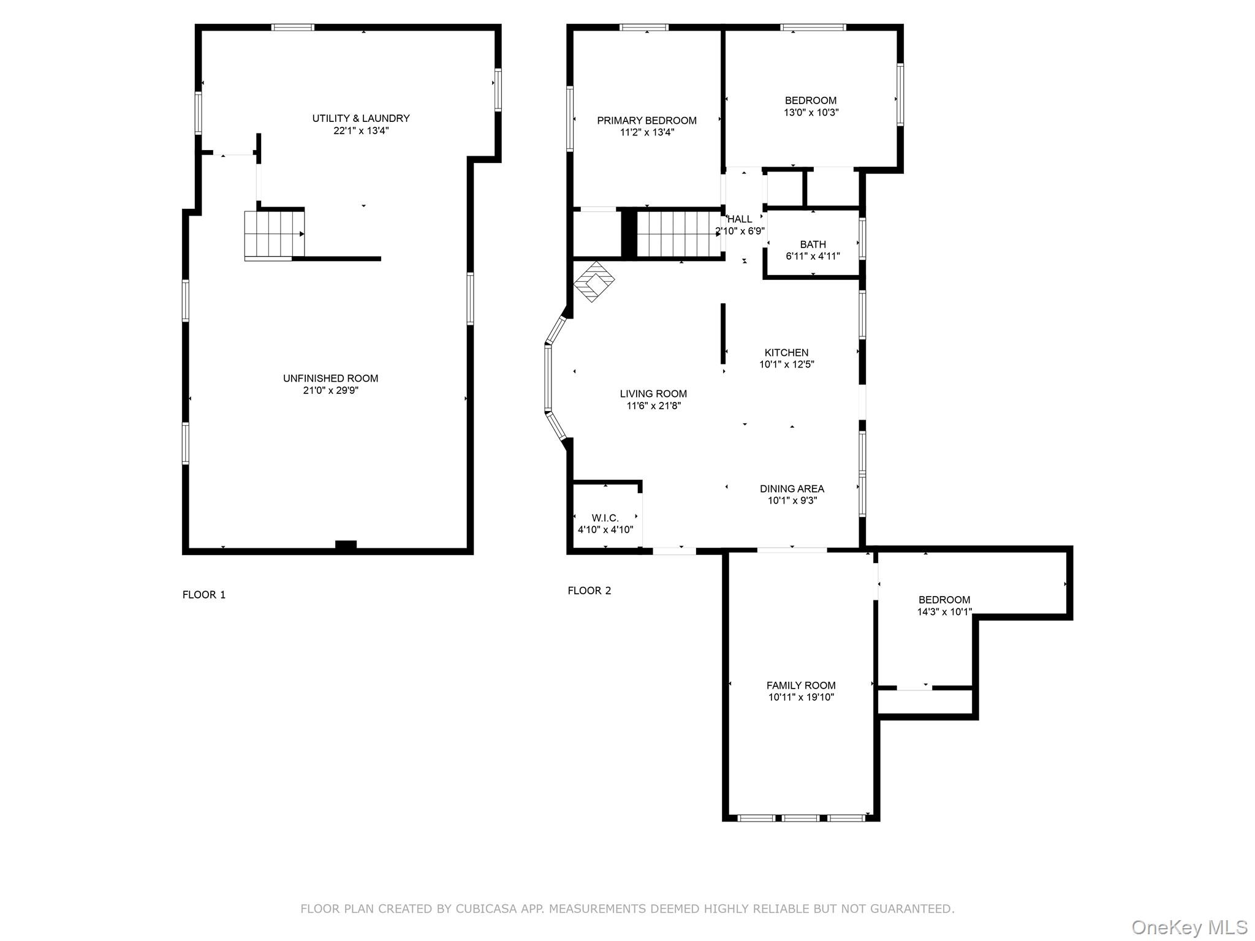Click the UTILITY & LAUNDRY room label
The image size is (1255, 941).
coord(361,118)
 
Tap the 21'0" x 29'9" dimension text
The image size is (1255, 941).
coord(330,390)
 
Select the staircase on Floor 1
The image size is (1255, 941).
coord(274,234)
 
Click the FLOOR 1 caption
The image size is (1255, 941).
coord(204,594)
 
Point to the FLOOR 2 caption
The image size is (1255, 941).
coord(589,591)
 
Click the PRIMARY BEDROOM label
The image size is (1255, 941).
coord(646,121)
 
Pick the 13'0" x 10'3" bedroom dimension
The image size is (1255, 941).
coord(811,113)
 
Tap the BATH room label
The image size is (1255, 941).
coord(813,244)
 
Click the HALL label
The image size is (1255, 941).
coord(740,219)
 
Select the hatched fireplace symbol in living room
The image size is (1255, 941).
coord(594,282)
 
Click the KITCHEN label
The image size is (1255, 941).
coord(786,352)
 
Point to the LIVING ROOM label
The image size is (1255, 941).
coord(653,394)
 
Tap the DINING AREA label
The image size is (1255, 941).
coord(792,489)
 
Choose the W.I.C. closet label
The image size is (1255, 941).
coord(605,518)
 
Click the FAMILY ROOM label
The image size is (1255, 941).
coord(801,686)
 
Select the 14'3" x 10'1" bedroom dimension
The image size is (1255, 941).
coord(944,611)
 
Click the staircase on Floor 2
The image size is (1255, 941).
coord(678,234)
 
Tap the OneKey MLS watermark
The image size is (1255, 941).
coord(1189,927)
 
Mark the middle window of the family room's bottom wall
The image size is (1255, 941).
coord(801,817)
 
